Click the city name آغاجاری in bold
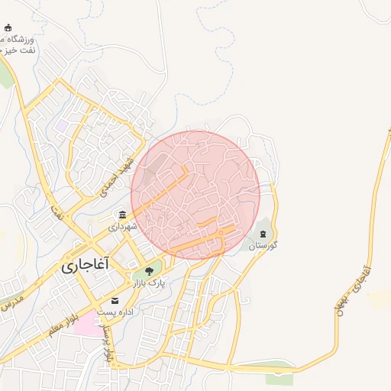pos(85,264)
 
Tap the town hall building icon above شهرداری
pos(122,215)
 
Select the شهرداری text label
pos(121,227)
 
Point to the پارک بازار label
pos(150,283)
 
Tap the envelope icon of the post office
pos(115,300)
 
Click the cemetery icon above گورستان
pos(263,232)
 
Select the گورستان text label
pos(263,245)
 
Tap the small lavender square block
pos(60,124)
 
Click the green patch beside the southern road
pos(279,376)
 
